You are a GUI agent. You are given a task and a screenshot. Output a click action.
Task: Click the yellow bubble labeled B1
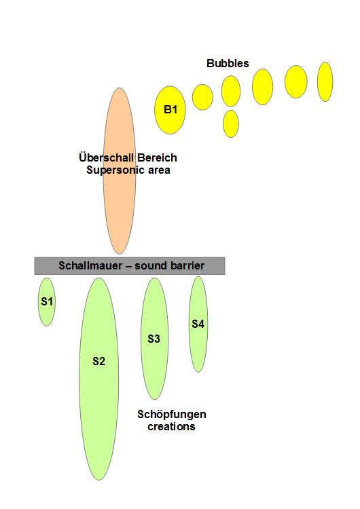tap(170, 110)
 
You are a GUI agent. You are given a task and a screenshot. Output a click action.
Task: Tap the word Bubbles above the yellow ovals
tap(228, 63)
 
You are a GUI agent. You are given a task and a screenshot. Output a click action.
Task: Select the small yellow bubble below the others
tap(231, 124)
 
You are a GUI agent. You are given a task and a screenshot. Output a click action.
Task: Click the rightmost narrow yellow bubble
tap(325, 82)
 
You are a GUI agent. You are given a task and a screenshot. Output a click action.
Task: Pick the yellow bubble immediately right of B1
tap(202, 97)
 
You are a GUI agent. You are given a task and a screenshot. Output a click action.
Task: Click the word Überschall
tap(107, 157)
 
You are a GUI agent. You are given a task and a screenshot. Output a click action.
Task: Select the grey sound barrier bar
tap(130, 266)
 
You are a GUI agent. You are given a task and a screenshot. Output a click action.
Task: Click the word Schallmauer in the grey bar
tap(90, 265)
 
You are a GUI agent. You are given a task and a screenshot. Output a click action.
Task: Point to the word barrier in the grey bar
tap(187, 265)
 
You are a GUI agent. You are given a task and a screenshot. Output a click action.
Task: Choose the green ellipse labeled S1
tap(46, 301)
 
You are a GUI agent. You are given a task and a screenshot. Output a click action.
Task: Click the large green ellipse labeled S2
tap(98, 379)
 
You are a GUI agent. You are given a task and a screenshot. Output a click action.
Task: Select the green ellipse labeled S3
tap(154, 339)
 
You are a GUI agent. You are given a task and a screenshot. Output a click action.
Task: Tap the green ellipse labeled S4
tap(198, 324)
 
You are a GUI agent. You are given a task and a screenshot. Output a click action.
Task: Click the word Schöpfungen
tap(172, 414)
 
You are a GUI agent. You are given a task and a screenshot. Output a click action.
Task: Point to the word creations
tap(171, 427)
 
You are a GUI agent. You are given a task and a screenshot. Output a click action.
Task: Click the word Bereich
tap(157, 157)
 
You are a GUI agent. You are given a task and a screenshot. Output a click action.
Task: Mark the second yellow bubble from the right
tap(295, 82)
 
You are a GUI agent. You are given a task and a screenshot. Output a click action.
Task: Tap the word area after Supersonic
tap(159, 170)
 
